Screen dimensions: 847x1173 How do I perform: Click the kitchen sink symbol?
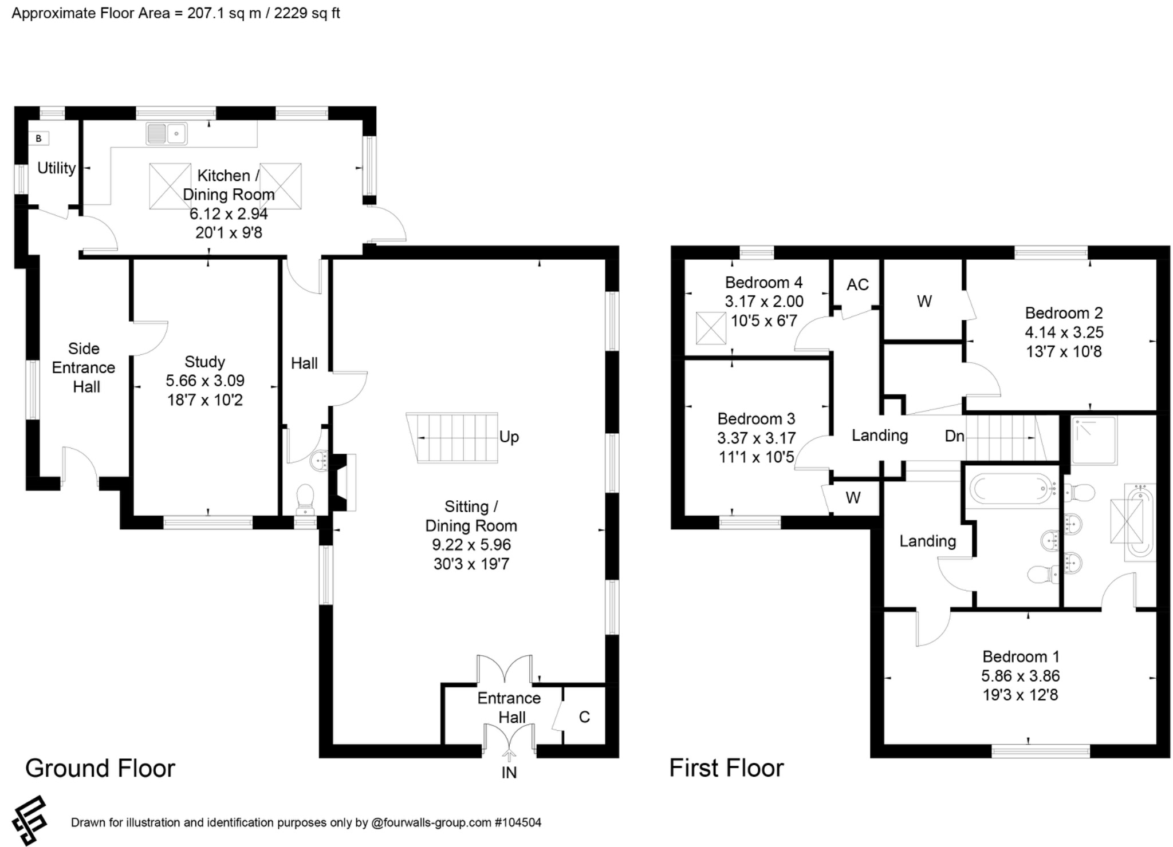[x=167, y=133]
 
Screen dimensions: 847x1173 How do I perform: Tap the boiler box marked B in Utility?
[x=39, y=138]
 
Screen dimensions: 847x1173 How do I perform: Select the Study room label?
[x=204, y=362]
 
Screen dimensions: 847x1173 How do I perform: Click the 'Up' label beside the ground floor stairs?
[x=509, y=437]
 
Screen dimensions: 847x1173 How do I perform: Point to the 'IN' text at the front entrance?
[x=509, y=773]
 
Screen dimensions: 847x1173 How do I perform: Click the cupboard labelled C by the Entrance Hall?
[x=584, y=717]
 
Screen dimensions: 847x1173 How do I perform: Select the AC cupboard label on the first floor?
[x=857, y=284]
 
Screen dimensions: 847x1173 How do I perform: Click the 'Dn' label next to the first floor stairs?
[x=954, y=436]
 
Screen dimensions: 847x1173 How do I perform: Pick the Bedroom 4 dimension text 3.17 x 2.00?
[x=764, y=302]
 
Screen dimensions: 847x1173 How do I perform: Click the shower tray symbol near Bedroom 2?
[x=1094, y=440]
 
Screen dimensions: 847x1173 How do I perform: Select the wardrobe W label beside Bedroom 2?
[x=924, y=302]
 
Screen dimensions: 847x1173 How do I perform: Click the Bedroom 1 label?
[x=1021, y=656]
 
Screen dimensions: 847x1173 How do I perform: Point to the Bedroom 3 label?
[x=757, y=419]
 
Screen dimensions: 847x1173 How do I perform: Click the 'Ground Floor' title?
[x=100, y=768]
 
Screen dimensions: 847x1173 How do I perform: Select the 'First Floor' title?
[x=726, y=768]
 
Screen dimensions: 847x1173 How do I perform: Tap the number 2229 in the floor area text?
[x=291, y=13]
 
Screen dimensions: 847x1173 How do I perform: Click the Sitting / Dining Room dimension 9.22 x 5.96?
[x=471, y=545]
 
